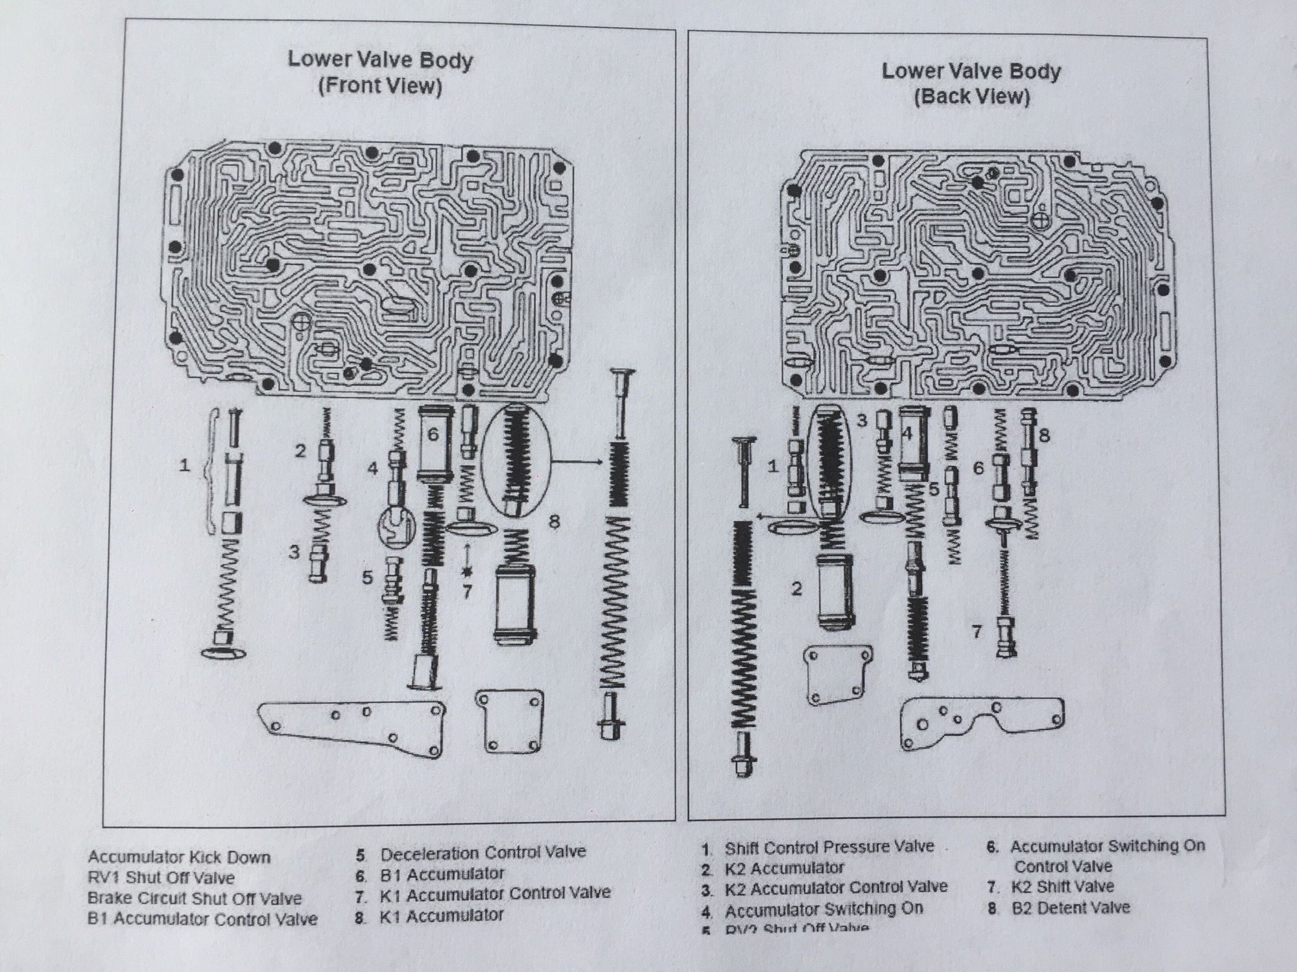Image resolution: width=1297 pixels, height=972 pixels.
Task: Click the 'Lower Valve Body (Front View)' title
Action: click(x=380, y=73)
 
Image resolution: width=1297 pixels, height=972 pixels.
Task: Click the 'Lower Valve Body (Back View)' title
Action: click(x=971, y=84)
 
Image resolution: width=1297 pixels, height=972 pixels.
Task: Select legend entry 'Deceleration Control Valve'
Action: click(x=482, y=853)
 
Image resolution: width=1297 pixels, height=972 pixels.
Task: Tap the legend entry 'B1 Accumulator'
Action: click(x=442, y=874)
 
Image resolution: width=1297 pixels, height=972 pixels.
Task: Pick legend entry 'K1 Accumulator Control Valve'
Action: click(x=495, y=894)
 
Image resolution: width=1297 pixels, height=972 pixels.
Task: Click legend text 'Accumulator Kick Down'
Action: click(x=179, y=857)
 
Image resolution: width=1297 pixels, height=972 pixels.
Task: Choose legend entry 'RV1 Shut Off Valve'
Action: click(x=161, y=878)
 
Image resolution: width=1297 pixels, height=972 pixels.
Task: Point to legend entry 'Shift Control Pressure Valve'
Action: click(x=829, y=848)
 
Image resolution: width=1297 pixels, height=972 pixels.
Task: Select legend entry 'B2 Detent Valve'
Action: click(x=1070, y=908)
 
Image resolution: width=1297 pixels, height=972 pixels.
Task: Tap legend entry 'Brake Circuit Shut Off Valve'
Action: click(x=195, y=899)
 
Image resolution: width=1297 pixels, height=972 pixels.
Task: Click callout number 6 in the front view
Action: click(x=434, y=434)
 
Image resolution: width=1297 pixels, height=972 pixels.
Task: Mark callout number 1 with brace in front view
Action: click(x=185, y=465)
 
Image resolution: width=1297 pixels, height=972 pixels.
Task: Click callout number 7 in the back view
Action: click(x=977, y=631)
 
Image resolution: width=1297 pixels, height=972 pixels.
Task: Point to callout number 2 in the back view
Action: click(x=796, y=588)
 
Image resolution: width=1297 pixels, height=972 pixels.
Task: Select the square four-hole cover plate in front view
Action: click(x=508, y=721)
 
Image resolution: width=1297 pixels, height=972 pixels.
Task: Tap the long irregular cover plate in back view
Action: click(x=981, y=719)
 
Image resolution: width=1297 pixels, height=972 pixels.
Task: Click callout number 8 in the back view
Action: click(x=1043, y=435)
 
